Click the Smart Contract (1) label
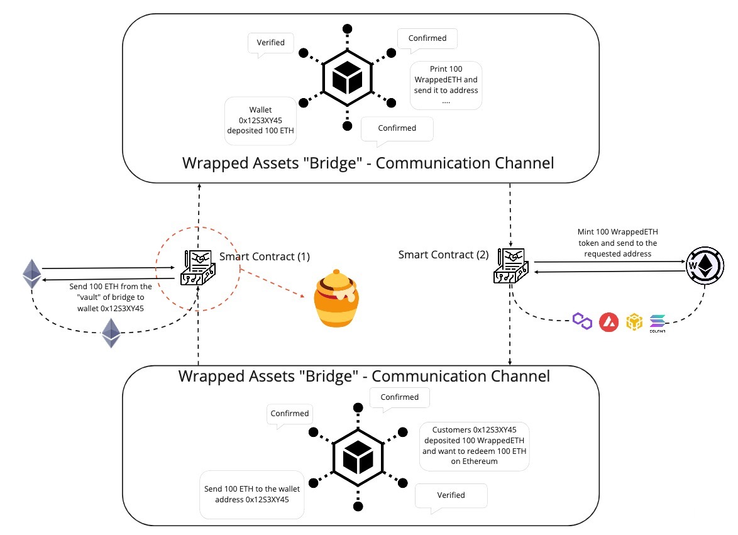(x=264, y=256)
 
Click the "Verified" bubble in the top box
(x=271, y=43)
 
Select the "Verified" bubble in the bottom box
(x=451, y=495)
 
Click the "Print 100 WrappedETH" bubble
(x=446, y=84)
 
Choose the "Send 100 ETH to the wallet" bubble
(x=251, y=494)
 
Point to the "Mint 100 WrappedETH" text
(x=617, y=243)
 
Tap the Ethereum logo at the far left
(x=32, y=273)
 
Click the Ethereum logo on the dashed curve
(x=111, y=333)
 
